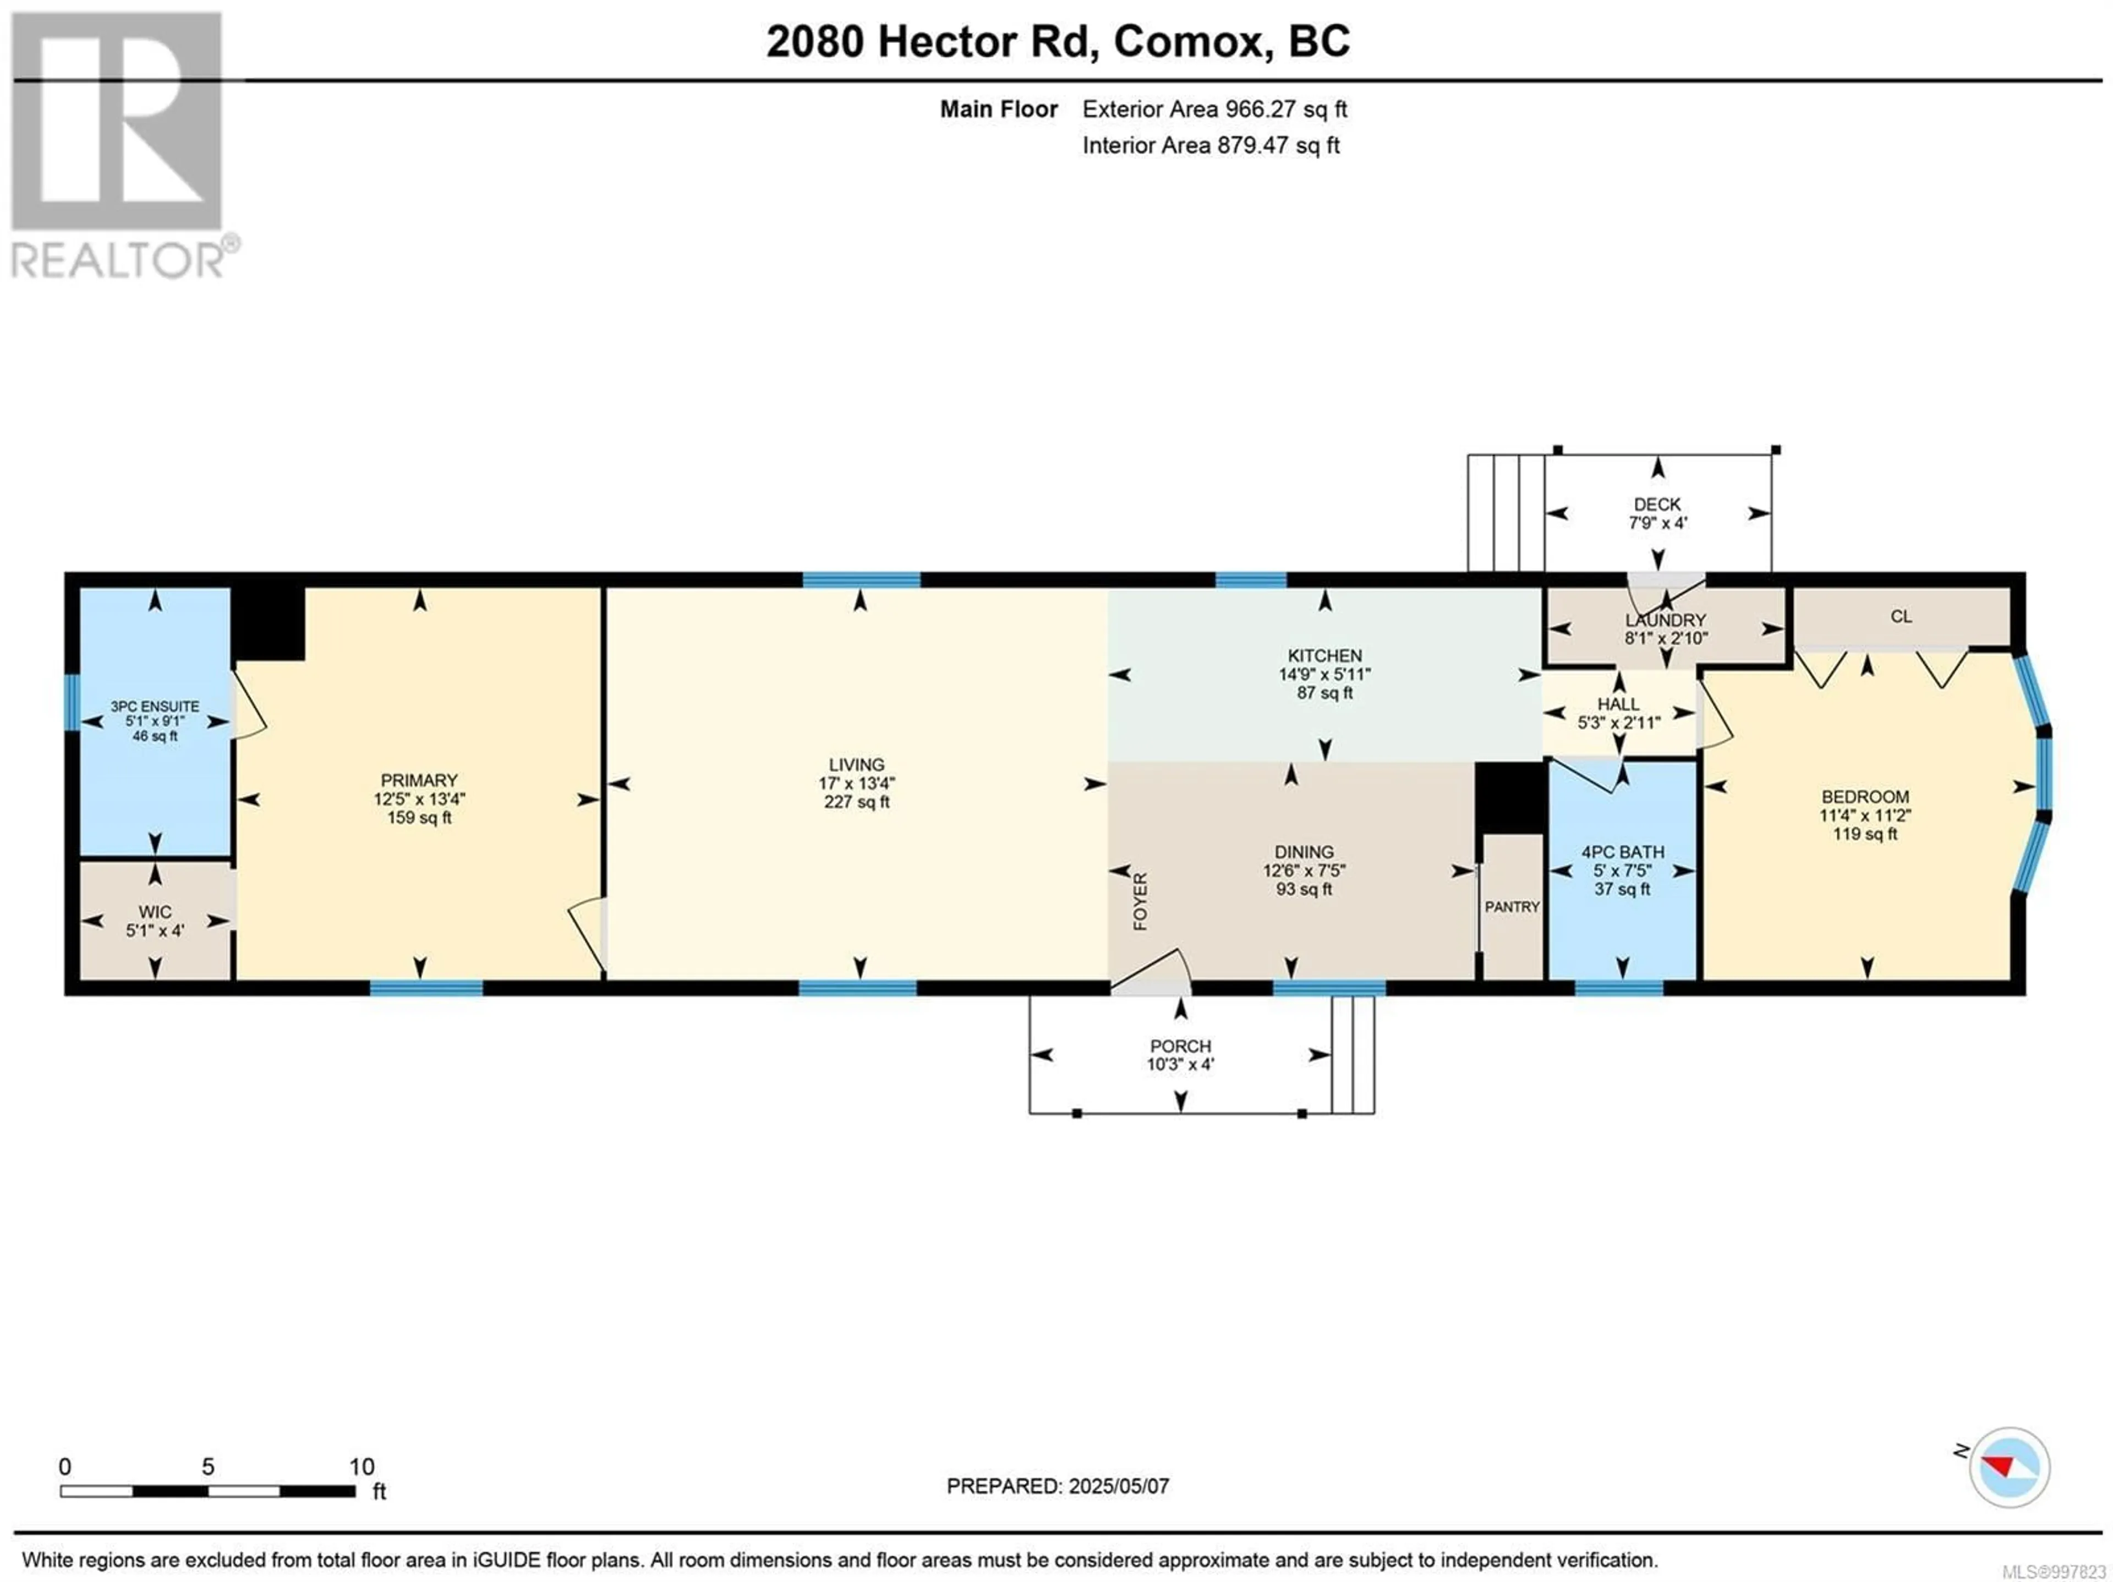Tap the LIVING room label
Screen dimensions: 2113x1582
coord(857,764)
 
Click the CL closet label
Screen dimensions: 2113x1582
coord(1901,616)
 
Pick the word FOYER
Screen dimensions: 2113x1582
coord(1140,901)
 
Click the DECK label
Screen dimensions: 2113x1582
coord(1657,503)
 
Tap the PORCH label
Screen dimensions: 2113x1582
coord(1181,1046)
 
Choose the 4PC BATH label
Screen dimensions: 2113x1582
coord(1623,851)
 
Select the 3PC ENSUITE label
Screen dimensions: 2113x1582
coord(155,706)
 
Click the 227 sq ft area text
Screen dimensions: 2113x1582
coord(857,802)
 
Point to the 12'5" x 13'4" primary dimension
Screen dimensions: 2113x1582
coord(419,798)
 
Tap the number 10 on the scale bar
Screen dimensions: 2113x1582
coord(362,1466)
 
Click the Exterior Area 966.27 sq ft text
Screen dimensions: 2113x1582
coord(1214,109)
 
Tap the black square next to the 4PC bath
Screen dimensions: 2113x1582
coord(1510,798)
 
